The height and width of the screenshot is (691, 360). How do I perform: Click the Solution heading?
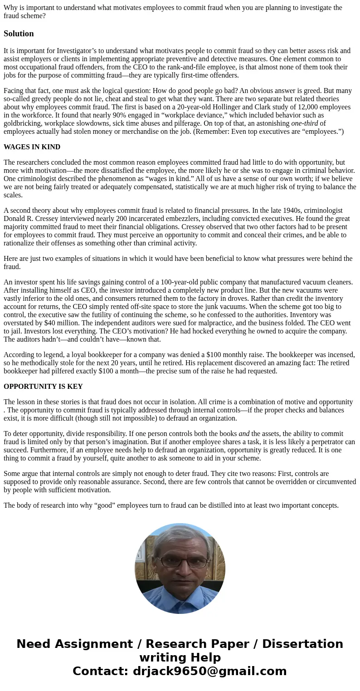point(19,34)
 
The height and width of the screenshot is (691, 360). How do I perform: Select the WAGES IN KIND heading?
point(32,147)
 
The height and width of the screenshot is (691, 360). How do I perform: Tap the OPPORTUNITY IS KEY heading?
point(43,387)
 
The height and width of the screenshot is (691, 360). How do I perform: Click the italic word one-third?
point(304,123)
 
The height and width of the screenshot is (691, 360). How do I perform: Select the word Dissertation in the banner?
point(302,644)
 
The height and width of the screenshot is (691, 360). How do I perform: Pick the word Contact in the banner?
point(100,671)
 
